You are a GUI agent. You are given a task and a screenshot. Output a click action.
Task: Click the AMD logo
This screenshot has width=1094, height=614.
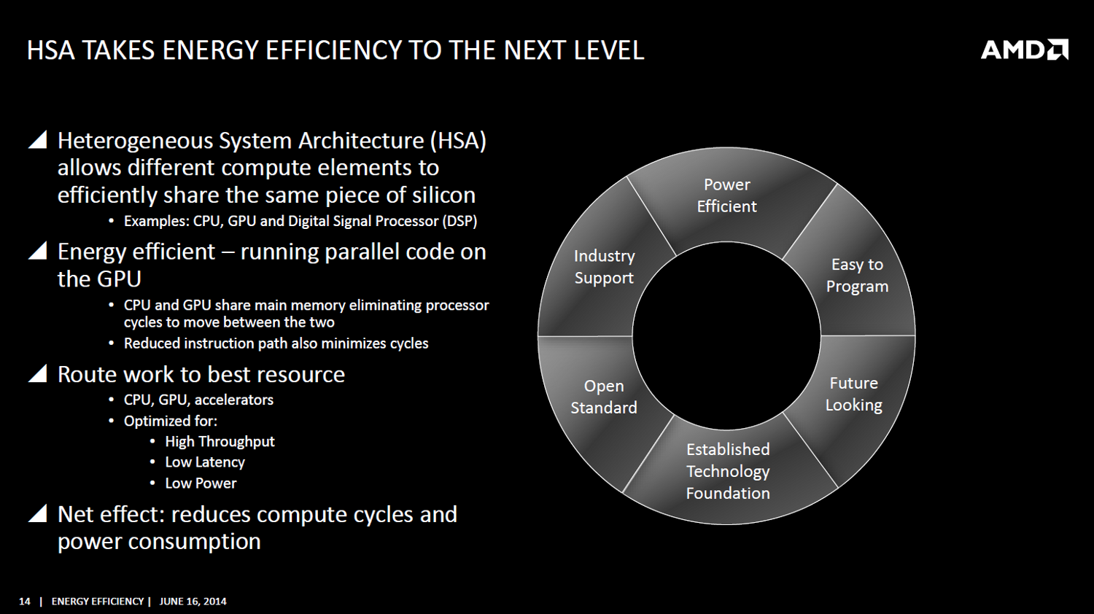click(x=1024, y=50)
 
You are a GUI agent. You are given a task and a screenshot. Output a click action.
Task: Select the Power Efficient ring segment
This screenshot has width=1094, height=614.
click(x=726, y=195)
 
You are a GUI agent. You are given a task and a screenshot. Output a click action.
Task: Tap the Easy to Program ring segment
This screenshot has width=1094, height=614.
click(x=857, y=275)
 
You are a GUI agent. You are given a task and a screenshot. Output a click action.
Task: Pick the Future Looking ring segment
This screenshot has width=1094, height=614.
click(x=854, y=394)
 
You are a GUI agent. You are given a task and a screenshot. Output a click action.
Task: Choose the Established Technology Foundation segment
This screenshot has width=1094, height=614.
click(x=728, y=471)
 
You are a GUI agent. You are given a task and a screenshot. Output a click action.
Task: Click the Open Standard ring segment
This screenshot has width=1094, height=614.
click(x=604, y=396)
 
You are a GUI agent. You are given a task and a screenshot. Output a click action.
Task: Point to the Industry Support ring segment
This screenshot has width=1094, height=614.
click(x=604, y=267)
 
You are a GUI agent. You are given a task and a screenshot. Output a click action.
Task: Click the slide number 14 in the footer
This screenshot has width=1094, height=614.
click(x=24, y=602)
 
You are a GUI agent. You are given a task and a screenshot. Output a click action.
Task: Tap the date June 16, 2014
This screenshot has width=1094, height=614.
click(x=193, y=602)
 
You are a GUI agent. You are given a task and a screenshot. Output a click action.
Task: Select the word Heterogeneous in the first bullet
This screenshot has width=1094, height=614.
click(x=135, y=141)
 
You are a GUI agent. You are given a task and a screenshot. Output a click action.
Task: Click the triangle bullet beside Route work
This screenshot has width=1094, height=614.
click(x=38, y=373)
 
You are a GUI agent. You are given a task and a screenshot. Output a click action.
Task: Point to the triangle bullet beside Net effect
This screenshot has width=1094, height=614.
click(x=38, y=513)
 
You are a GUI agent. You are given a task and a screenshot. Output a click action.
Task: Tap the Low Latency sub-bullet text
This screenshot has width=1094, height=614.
click(x=205, y=462)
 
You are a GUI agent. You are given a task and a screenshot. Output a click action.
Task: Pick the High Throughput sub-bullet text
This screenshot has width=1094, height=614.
click(x=220, y=442)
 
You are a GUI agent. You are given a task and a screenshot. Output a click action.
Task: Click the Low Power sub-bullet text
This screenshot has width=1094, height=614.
click(x=201, y=483)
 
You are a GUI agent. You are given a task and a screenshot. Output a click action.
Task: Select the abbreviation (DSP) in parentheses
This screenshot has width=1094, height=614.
click(x=459, y=221)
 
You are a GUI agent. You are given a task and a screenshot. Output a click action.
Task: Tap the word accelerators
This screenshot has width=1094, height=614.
click(x=234, y=400)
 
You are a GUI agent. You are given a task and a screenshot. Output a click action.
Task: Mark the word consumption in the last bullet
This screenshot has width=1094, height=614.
click(x=194, y=541)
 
